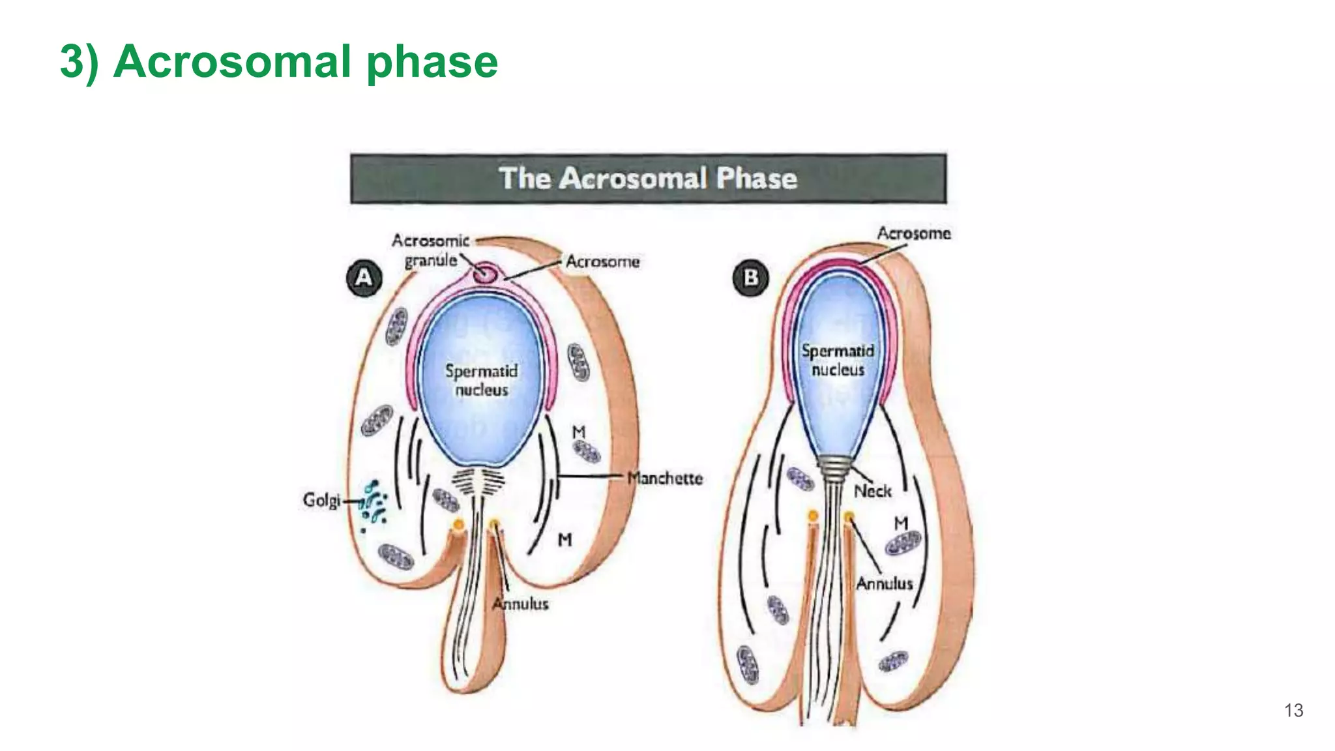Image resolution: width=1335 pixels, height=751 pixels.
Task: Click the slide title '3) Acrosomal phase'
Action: point(279,61)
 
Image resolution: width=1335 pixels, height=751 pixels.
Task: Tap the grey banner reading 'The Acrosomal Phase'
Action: point(648,178)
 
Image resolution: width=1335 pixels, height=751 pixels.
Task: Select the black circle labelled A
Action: point(364,278)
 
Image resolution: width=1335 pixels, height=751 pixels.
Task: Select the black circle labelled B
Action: point(750,278)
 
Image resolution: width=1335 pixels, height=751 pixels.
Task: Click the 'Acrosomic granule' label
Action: point(430,250)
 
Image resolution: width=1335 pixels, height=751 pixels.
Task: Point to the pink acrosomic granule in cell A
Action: point(484,273)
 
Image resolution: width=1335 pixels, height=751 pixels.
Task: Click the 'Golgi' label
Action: point(321,500)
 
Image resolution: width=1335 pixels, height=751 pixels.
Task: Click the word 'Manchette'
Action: point(665,478)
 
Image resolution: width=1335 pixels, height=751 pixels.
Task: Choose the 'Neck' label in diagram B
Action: point(872,491)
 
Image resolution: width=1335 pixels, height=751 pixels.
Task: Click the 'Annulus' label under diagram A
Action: point(520,604)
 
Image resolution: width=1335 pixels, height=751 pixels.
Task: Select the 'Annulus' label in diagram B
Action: point(884,583)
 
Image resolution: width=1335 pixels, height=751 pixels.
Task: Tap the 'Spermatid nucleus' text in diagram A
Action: point(481,380)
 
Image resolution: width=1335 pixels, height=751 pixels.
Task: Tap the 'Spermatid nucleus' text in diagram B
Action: point(838,360)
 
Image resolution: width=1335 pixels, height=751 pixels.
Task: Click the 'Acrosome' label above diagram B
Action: point(913,233)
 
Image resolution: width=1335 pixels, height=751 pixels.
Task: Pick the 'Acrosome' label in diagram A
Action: point(602,261)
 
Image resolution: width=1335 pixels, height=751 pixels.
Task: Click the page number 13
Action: point(1293,710)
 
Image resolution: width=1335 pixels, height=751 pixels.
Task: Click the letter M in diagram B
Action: point(901,523)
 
